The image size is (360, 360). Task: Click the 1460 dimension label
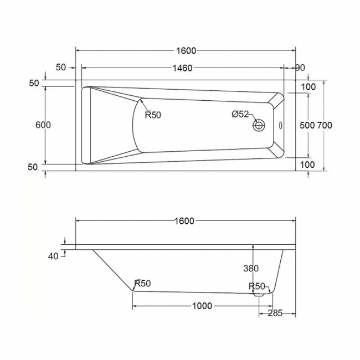(182, 68)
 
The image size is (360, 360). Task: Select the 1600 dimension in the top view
(186, 51)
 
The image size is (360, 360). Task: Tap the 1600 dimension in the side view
(184, 221)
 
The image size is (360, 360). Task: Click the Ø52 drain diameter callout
(240, 114)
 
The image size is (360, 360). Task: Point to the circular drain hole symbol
(259, 125)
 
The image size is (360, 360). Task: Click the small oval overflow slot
(280, 126)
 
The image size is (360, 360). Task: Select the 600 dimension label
(43, 125)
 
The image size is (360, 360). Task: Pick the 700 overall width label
(325, 125)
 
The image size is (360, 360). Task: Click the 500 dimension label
(307, 125)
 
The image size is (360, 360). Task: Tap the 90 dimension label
(300, 68)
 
